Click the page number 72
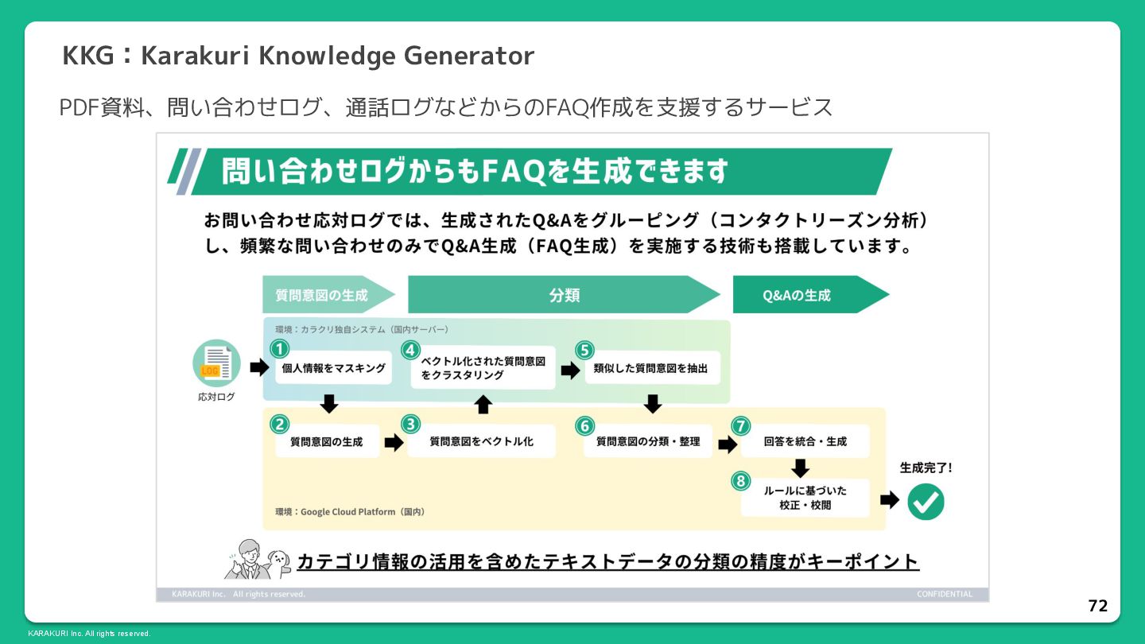(x=1097, y=606)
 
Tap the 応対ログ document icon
(x=216, y=363)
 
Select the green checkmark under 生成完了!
(x=926, y=502)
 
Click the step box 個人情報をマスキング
(x=333, y=368)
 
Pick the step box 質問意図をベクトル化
(x=481, y=441)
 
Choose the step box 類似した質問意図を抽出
(x=650, y=368)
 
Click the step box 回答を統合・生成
(x=805, y=441)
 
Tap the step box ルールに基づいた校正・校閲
(x=805, y=498)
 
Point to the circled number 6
(x=584, y=426)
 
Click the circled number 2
(x=279, y=424)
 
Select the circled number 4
(x=409, y=350)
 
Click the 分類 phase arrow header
(x=564, y=295)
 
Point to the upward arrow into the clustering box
(x=483, y=404)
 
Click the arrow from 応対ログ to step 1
(x=259, y=367)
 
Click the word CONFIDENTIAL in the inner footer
(x=944, y=594)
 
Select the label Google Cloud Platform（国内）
(x=350, y=512)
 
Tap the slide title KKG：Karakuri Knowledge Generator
(x=298, y=56)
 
